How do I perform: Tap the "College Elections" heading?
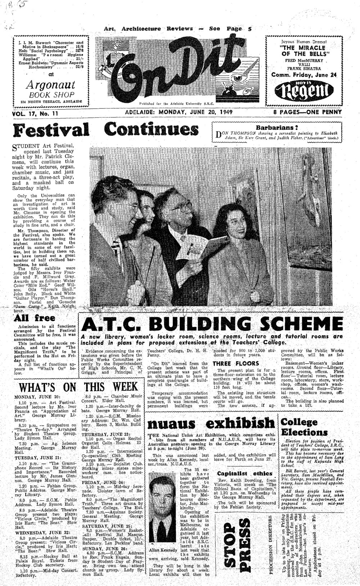pos(304,427)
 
